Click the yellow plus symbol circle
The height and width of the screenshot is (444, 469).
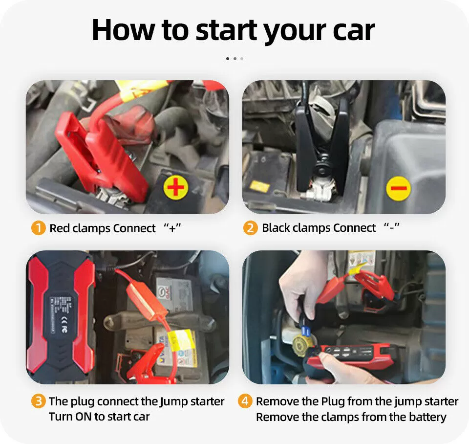176,188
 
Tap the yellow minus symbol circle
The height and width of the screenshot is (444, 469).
399,188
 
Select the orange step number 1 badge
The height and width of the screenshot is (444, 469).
38,228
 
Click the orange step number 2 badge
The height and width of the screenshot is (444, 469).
250,228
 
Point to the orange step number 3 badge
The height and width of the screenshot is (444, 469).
38,401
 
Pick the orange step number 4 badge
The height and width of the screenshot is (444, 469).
245,401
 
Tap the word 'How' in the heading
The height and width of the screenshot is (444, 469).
124,29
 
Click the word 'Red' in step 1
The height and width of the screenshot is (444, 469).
60,228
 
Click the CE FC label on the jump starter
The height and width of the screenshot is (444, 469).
64,325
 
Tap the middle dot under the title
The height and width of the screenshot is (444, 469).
235,59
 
